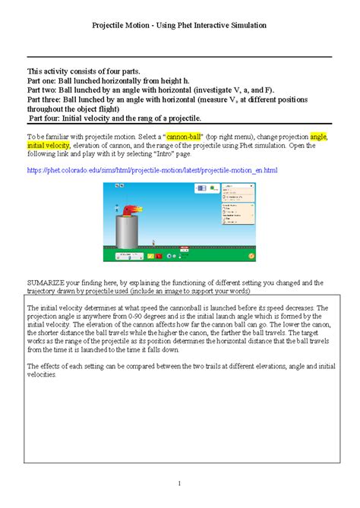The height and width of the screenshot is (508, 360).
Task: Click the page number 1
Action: coord(180,483)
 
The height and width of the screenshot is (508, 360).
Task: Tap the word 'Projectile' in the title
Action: coord(111,25)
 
